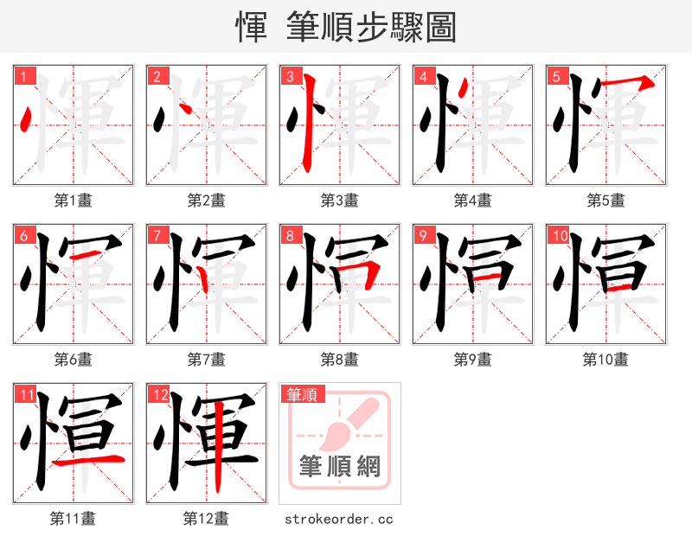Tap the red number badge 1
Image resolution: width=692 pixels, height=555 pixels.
click(x=22, y=76)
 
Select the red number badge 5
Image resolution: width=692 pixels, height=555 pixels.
click(x=555, y=76)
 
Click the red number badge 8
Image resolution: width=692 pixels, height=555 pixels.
click(x=289, y=235)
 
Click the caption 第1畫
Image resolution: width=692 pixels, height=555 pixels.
click(x=73, y=201)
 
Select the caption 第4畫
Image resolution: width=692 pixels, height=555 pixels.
click(x=472, y=201)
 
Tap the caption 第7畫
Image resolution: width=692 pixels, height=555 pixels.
click(x=206, y=360)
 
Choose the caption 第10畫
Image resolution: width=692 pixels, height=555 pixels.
click(x=605, y=360)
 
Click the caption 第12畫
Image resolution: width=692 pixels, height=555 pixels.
click(x=206, y=519)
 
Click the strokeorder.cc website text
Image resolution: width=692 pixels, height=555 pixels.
click(x=339, y=519)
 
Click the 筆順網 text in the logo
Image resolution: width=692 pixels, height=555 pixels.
click(x=339, y=468)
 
